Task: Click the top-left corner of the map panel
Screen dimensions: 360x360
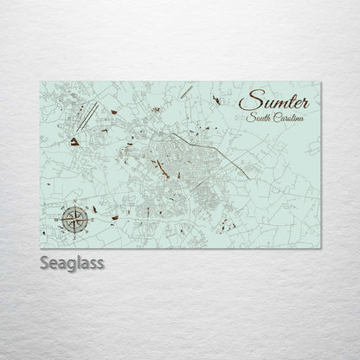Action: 42,77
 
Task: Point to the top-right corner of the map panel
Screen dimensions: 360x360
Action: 319,77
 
